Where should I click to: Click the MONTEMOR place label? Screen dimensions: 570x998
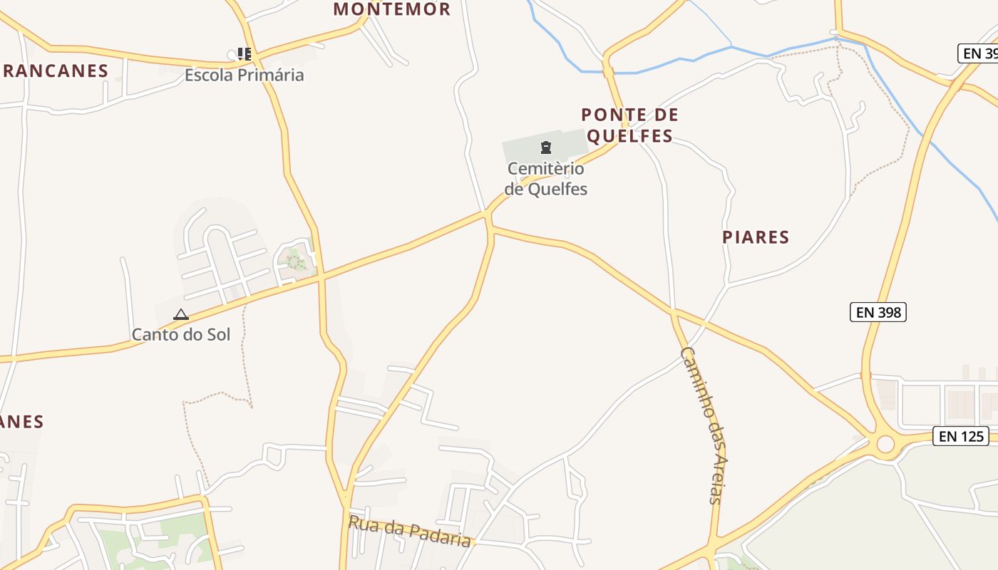392,9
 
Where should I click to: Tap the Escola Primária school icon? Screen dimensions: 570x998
245,54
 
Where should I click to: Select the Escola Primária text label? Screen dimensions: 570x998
245,75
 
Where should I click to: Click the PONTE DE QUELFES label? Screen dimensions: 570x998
629,125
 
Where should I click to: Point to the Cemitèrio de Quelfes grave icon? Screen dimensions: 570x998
546,147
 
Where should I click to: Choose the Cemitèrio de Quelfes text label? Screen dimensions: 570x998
546,179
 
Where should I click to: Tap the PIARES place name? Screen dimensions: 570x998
756,237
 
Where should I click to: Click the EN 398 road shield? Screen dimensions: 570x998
878,312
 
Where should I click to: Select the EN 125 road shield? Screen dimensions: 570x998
961,436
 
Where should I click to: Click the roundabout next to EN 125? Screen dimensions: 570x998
885,444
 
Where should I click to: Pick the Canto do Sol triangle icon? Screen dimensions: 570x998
181,314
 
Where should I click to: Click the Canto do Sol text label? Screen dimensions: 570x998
181,334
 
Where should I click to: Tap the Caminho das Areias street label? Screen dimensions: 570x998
702,425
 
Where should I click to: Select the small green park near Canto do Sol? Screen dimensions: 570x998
294,259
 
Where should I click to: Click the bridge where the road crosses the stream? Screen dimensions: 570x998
608,71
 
